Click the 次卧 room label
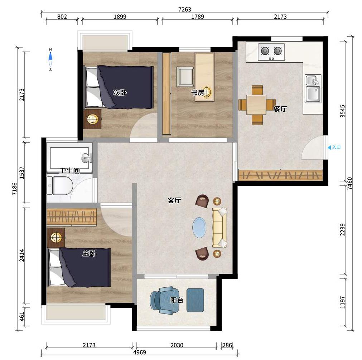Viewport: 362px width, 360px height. click(120, 93)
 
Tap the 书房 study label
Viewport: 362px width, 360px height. click(198, 93)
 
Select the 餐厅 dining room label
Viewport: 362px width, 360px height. click(280, 109)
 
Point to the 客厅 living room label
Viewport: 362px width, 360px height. click(174, 200)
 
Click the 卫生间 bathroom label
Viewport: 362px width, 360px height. click(70, 171)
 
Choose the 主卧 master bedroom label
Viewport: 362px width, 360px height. click(89, 253)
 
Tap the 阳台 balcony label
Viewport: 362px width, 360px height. click(177, 300)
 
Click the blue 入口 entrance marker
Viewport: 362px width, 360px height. click(334, 147)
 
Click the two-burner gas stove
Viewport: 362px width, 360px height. click(271, 52)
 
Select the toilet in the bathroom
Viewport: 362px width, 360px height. click(59, 185)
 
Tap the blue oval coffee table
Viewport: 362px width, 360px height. click(199, 227)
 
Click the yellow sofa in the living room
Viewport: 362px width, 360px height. click(219, 228)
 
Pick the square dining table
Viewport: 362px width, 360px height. click(256, 105)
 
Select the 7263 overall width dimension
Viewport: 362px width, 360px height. click(185, 9)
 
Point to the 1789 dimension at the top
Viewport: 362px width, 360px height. click(198, 16)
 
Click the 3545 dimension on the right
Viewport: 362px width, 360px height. click(343, 111)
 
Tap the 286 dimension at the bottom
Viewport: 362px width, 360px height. click(227, 345)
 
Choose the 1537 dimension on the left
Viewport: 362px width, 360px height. click(22, 173)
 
